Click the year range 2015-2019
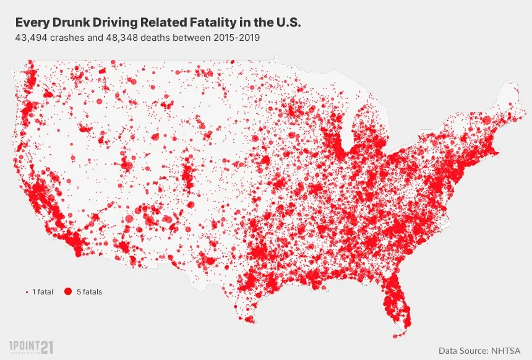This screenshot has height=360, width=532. (236, 37)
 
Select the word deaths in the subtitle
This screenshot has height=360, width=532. (155, 37)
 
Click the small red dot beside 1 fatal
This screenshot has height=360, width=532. (27, 292)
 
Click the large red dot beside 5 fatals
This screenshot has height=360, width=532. (68, 291)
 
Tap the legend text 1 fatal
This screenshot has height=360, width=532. (43, 292)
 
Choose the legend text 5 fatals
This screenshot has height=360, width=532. (89, 292)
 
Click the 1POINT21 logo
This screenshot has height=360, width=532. (31, 347)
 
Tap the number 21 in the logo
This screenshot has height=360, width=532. (47, 348)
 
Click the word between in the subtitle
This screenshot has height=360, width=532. (192, 37)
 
